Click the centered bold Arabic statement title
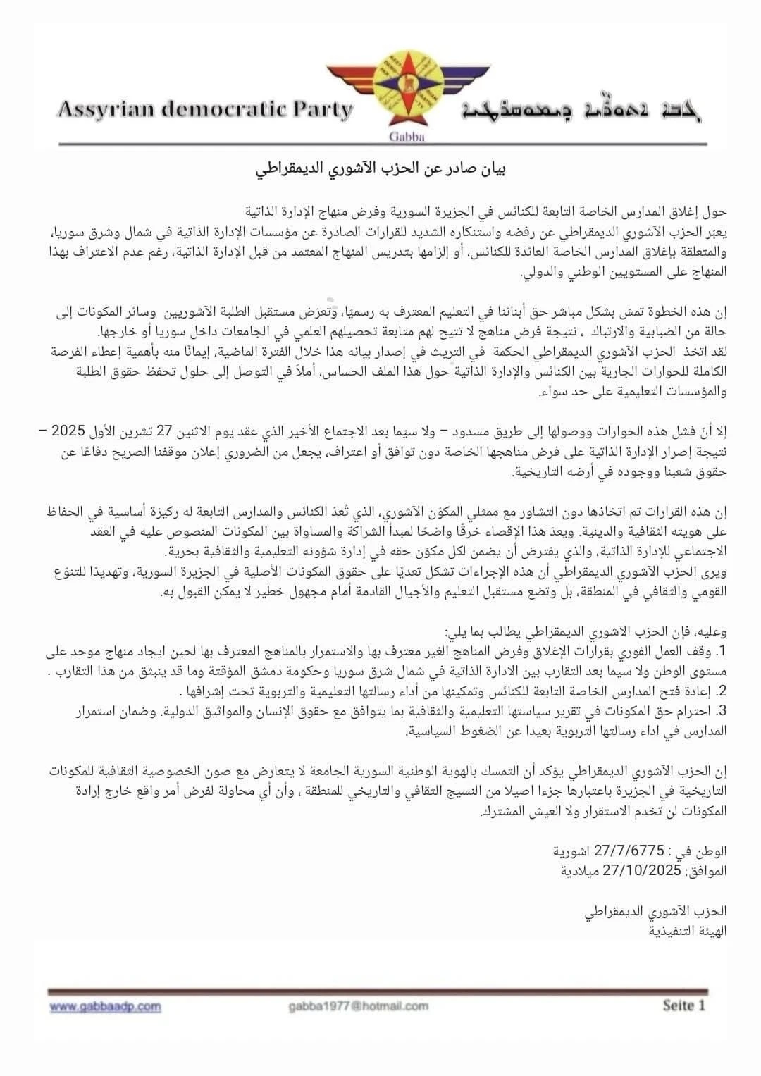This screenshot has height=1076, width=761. click(x=380, y=169)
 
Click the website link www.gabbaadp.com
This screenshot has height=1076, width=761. click(x=105, y=1007)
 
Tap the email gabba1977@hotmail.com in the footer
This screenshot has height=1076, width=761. click(x=358, y=1006)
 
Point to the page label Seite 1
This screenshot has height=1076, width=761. click(x=683, y=1006)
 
